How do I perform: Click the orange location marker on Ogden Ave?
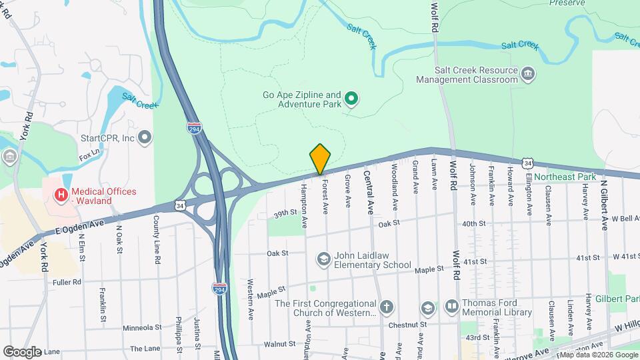tap(320, 159)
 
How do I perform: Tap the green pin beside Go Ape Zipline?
tap(351, 101)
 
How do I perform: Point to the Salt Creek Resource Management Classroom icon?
tap(528, 73)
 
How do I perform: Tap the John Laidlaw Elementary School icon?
tap(324, 259)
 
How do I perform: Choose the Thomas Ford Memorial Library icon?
tap(451, 306)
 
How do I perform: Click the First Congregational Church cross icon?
tap(387, 308)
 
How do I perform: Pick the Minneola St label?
tap(143, 327)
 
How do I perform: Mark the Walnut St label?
tap(279, 344)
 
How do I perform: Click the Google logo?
tap(22, 351)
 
